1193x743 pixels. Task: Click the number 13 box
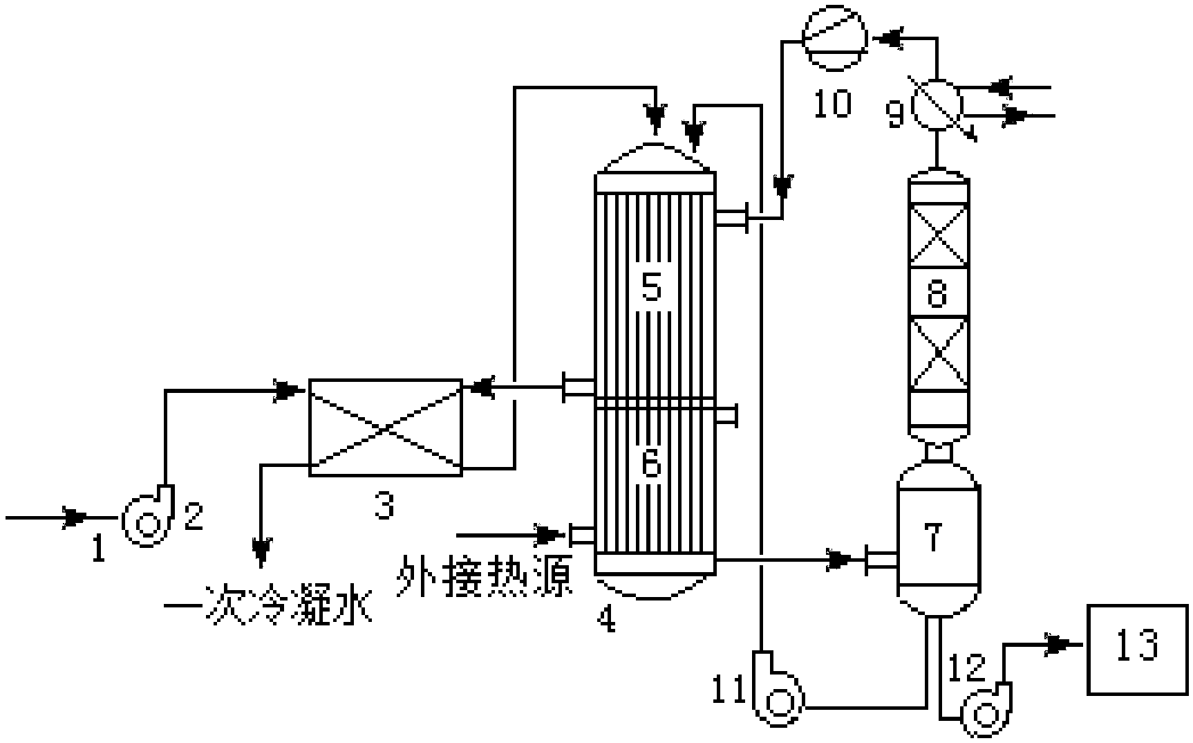1137,648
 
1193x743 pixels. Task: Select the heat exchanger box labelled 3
385,428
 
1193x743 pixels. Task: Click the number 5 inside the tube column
652,286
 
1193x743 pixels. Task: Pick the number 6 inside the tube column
651,464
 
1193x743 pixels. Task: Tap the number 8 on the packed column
937,293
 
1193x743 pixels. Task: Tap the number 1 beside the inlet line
99,550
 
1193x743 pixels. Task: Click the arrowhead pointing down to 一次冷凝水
261,550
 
